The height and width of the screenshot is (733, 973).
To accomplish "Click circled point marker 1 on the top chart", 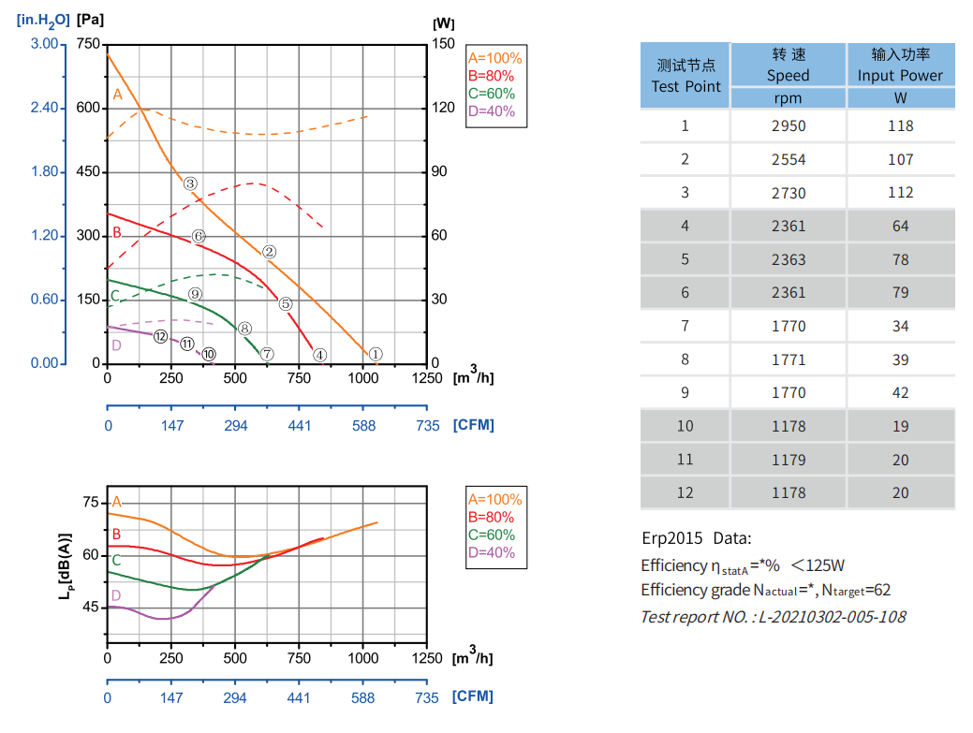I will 376,354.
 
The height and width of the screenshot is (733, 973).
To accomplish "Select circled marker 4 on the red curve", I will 320,355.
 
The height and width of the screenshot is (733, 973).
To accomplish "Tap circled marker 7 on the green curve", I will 267,354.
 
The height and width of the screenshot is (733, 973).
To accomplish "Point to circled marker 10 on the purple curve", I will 208,354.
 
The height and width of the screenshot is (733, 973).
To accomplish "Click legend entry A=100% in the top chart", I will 495,58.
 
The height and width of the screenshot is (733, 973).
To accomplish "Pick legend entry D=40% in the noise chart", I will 491,552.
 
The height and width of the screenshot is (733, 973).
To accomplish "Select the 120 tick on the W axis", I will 443,108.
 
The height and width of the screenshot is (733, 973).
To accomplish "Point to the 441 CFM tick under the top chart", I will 299,425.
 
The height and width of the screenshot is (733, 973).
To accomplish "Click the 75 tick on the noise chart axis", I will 90,503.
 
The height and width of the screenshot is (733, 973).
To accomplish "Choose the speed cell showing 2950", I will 788,125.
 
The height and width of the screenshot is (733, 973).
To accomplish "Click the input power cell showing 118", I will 900,125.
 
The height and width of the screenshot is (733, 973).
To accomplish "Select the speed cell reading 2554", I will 788,159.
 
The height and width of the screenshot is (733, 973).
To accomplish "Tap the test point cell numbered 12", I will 685,492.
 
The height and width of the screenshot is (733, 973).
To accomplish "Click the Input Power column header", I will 900,65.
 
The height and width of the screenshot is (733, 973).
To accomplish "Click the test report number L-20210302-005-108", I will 773,616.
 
